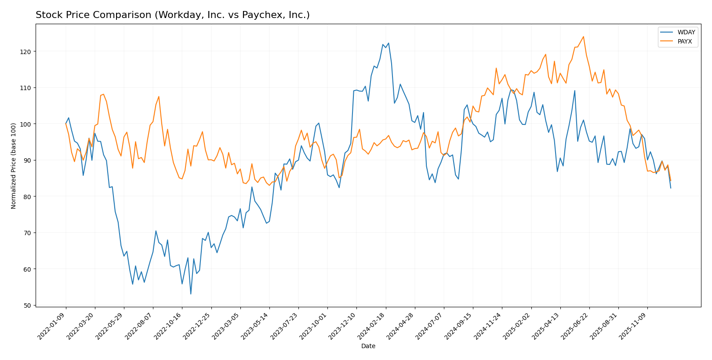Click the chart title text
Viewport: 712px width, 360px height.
[x=172, y=15]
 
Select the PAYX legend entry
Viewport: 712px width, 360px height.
[x=685, y=42]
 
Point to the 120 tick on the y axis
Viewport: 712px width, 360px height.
[x=27, y=51]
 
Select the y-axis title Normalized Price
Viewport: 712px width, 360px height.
[x=14, y=166]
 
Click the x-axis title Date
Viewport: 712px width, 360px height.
[x=368, y=346]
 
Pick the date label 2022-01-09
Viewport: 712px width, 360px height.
[x=52, y=326]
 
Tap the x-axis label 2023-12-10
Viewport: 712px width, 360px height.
[x=342, y=326]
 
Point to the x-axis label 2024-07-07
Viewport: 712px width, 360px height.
[x=429, y=326]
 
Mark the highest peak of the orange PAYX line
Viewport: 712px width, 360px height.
[x=583, y=36]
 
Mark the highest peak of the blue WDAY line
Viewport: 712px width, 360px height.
[x=389, y=43]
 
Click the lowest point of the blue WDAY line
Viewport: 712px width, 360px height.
[x=191, y=294]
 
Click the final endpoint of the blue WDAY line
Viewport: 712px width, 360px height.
[x=671, y=188]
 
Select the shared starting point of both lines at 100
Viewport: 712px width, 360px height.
[x=66, y=124]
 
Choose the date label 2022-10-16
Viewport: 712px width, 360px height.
[x=168, y=326]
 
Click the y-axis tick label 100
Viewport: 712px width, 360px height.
[x=27, y=124]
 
